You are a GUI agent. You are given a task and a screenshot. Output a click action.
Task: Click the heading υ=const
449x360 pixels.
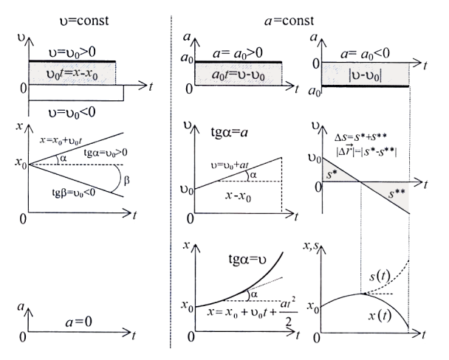click(x=83, y=20)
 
